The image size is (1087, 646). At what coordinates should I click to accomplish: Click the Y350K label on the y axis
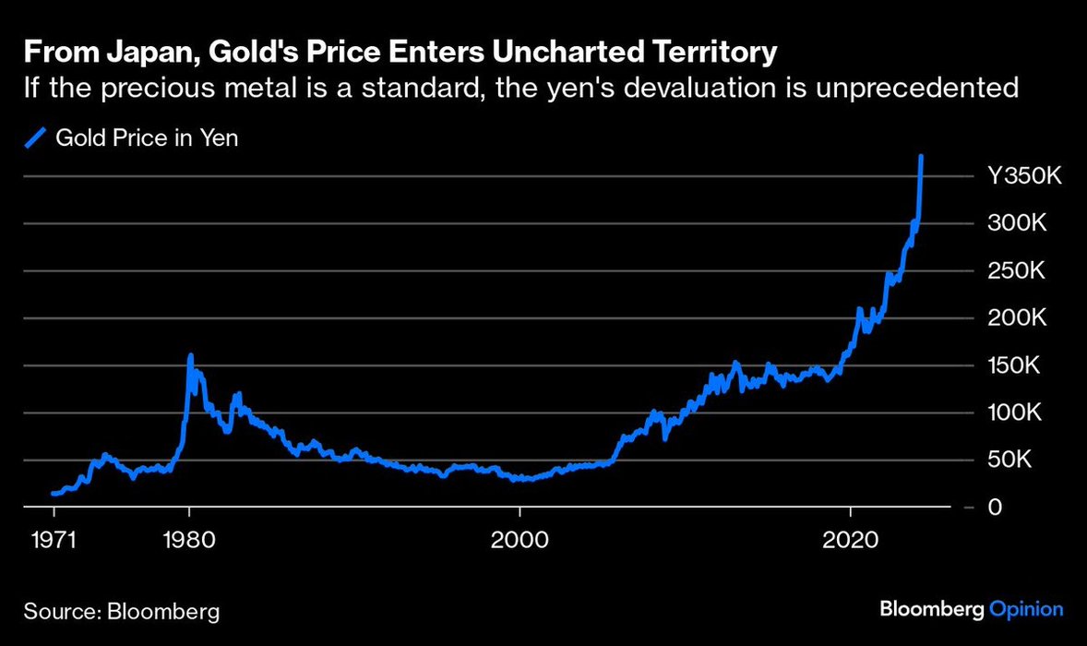coord(1025,176)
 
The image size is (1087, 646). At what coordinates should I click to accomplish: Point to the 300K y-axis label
coord(1017,224)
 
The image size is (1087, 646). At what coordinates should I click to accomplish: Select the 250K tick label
coord(1017,271)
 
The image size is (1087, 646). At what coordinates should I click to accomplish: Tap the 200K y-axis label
coord(1017,318)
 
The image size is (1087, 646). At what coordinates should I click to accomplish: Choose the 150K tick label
coord(1017,366)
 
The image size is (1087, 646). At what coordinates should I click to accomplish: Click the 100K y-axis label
coord(1017,413)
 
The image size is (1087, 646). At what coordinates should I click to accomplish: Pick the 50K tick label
coord(1012,461)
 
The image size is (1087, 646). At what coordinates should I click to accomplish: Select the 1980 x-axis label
coord(189,540)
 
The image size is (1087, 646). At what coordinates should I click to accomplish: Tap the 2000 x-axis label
coord(520,540)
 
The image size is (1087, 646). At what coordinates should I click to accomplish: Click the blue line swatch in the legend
coord(34,138)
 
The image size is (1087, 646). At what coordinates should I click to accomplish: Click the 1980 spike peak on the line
coord(189,355)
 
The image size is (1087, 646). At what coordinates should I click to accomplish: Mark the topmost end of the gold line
coord(922,157)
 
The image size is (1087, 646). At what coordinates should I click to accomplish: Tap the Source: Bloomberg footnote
coord(122,611)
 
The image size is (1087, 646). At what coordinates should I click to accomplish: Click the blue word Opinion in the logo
coord(1026,609)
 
